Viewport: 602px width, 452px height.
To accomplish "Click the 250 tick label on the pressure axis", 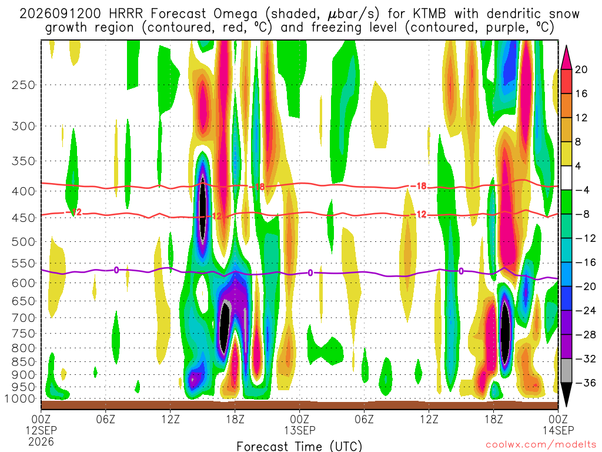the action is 24,85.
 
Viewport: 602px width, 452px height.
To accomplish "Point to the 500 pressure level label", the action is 24,242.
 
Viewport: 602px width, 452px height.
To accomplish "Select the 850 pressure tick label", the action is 24,362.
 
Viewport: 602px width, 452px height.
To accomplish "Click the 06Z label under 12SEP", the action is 106,419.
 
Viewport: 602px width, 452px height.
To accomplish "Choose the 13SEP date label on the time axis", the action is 299,430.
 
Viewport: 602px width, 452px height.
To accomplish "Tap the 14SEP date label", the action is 558,430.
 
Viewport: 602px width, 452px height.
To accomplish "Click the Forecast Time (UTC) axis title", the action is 299,446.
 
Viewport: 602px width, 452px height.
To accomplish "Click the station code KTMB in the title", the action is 429,14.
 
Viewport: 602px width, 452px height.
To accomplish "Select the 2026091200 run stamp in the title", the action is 61,14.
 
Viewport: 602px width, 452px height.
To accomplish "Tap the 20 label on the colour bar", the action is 581,69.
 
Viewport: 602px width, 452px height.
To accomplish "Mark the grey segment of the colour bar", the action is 566,371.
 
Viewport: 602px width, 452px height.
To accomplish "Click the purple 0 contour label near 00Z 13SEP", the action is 310,273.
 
